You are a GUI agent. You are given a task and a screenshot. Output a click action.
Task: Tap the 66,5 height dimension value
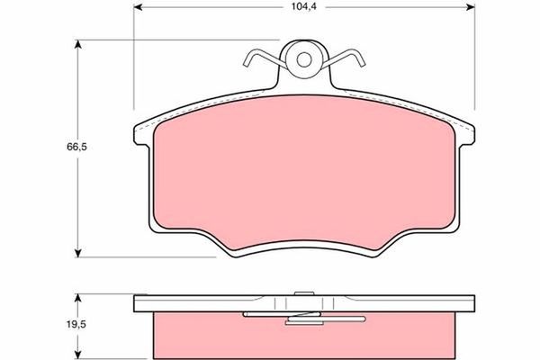[60, 147]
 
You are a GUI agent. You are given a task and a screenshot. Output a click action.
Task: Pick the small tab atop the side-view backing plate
[304, 292]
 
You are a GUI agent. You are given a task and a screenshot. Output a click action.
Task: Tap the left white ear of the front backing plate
[144, 135]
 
